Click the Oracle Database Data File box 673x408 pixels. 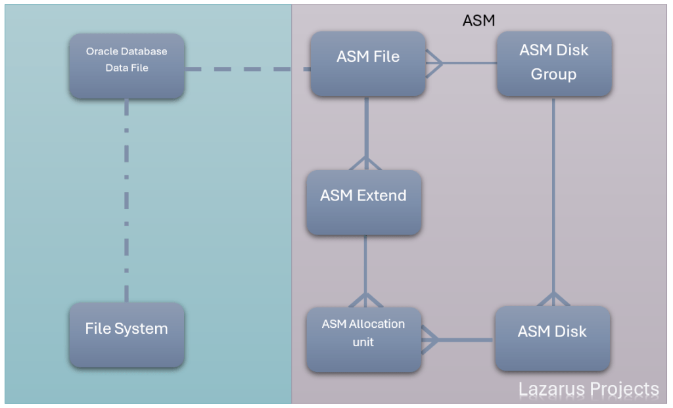[x=127, y=66]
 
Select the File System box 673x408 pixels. [x=127, y=334]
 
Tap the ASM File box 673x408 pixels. [x=368, y=64]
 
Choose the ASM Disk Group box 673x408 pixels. [x=554, y=64]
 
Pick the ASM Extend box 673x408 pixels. [x=363, y=202]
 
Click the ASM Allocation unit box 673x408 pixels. [x=363, y=339]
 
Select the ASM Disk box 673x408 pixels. [x=552, y=338]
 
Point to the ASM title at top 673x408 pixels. [x=478, y=20]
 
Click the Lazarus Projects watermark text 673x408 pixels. [x=588, y=389]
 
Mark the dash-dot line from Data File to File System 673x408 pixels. [x=126, y=197]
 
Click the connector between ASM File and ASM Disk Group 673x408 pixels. [x=470, y=63]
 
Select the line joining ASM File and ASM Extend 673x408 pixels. [x=366, y=128]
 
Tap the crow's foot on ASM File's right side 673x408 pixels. [x=434, y=64]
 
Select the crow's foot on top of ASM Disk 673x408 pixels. [x=553, y=299]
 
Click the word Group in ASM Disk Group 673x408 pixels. [x=553, y=74]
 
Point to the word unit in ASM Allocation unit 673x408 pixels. [x=363, y=342]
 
